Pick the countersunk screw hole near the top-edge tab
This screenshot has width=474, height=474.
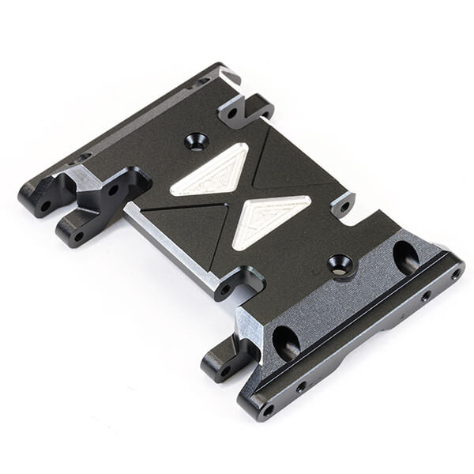point(196,142)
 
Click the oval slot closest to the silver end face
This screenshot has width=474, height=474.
point(286,342)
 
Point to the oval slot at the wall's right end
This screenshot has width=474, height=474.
point(406,257)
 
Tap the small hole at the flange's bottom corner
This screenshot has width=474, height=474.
point(269,410)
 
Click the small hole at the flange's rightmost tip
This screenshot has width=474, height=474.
point(455,275)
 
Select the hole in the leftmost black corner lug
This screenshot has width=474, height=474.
point(45,206)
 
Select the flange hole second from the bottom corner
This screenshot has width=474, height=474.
point(301,387)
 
